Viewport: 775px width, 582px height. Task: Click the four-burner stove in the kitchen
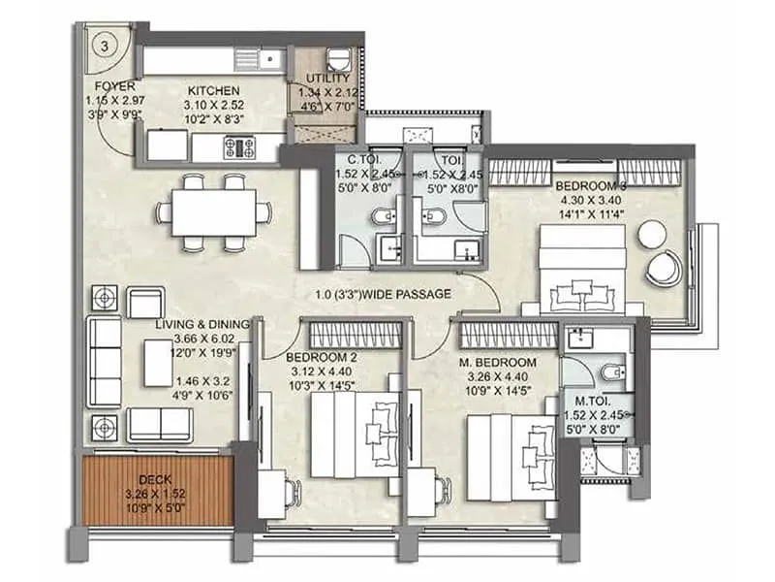[x=238, y=147]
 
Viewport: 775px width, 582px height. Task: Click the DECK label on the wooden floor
[x=155, y=478]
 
